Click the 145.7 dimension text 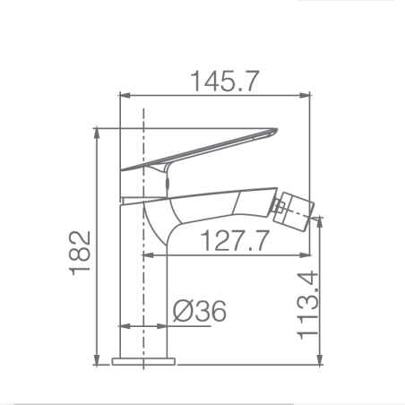point(225,81)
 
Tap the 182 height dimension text point(80,253)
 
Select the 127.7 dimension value point(235,240)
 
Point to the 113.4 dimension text point(307,305)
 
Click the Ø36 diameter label point(200,311)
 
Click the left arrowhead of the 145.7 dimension point(125,96)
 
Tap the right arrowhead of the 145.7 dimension point(305,96)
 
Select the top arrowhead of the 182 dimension point(97,134)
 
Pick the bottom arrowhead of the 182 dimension point(97,359)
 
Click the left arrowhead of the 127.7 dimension point(149,255)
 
